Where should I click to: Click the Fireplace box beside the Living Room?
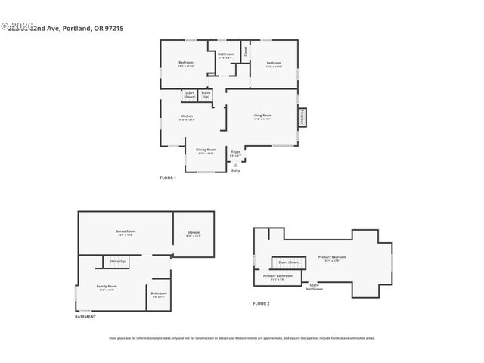pyautogui.click(x=303, y=118)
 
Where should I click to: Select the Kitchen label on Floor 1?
pyautogui.click(x=187, y=117)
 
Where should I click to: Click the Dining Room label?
pyautogui.click(x=206, y=150)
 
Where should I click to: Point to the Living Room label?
pyautogui.click(x=262, y=117)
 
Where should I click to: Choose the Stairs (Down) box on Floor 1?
pyautogui.click(x=189, y=95)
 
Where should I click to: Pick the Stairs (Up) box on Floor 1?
pyautogui.click(x=206, y=95)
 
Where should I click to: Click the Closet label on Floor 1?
pyautogui.click(x=246, y=51)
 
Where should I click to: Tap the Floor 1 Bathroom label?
pyautogui.click(x=226, y=55)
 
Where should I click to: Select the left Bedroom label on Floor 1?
pyautogui.click(x=186, y=64)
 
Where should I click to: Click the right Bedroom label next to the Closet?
pyautogui.click(x=274, y=64)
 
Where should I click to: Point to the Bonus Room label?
pyautogui.click(x=126, y=232)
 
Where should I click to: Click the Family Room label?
pyautogui.click(x=107, y=287)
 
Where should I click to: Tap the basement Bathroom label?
pyautogui.click(x=159, y=294)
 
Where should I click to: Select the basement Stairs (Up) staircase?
pyautogui.click(x=117, y=261)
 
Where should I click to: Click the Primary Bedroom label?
pyautogui.click(x=334, y=258)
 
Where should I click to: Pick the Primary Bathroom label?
pyautogui.click(x=278, y=278)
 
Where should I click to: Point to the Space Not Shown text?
pyautogui.click(x=314, y=287)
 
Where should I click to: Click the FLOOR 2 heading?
pyautogui.click(x=261, y=303)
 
